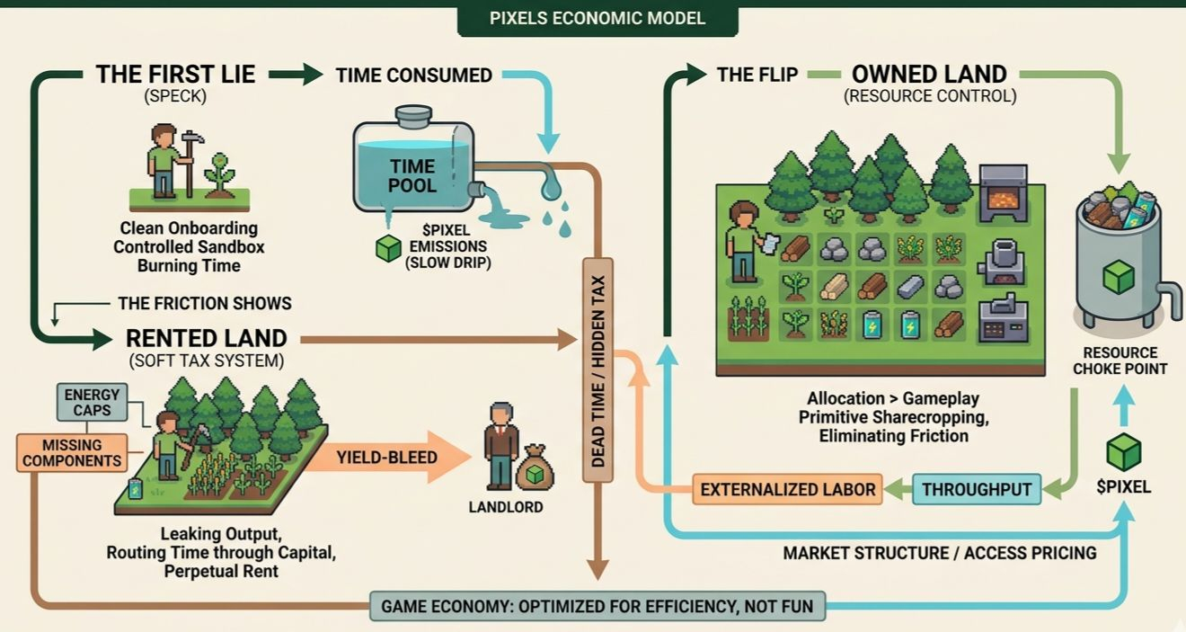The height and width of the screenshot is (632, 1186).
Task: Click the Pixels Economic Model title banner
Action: [597, 18]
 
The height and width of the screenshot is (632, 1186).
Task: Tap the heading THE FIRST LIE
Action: [176, 75]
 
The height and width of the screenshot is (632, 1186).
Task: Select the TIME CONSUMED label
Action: [413, 76]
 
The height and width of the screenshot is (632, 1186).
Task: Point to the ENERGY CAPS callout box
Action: [92, 402]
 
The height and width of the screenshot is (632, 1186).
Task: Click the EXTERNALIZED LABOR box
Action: [788, 489]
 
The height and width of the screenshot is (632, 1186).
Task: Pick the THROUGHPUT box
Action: [977, 489]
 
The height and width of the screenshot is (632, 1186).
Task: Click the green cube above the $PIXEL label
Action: [1123, 450]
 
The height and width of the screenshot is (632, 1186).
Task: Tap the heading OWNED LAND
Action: [929, 75]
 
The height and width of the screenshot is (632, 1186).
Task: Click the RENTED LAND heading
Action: [206, 338]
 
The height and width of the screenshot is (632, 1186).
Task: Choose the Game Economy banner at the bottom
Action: [597, 606]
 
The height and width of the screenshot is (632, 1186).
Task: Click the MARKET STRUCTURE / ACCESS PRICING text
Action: [939, 553]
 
